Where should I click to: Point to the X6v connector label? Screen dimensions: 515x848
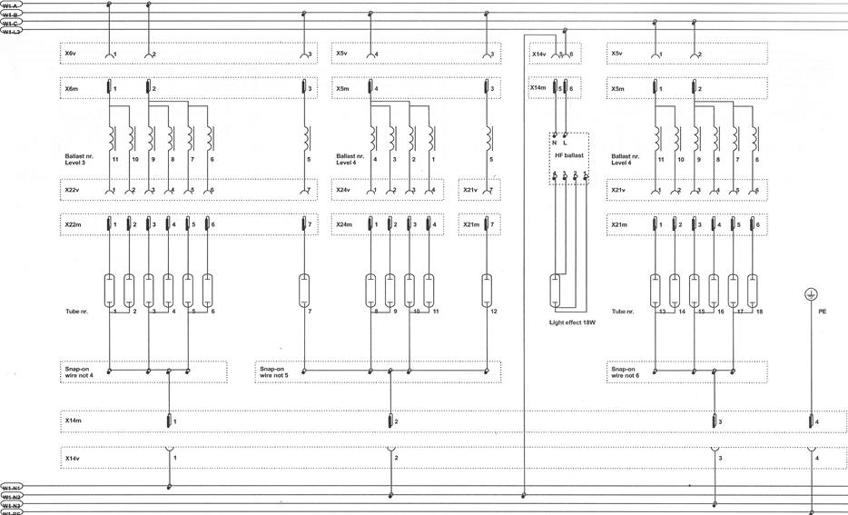71,54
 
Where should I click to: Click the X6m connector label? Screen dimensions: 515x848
72,88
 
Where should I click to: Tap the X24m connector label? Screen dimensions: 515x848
344,223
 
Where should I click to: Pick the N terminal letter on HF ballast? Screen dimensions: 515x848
555,143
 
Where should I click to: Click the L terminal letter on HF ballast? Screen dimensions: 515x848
567,143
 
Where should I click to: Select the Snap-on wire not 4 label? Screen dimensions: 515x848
84,372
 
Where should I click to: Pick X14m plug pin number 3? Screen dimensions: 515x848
714,421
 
